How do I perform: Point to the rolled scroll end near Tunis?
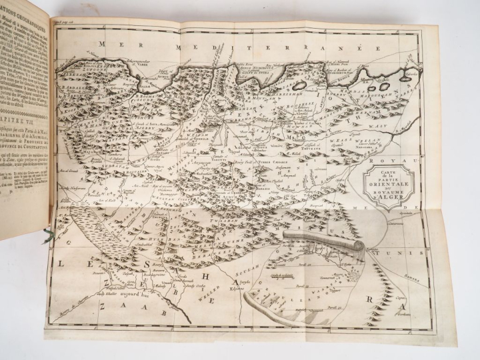359,245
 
